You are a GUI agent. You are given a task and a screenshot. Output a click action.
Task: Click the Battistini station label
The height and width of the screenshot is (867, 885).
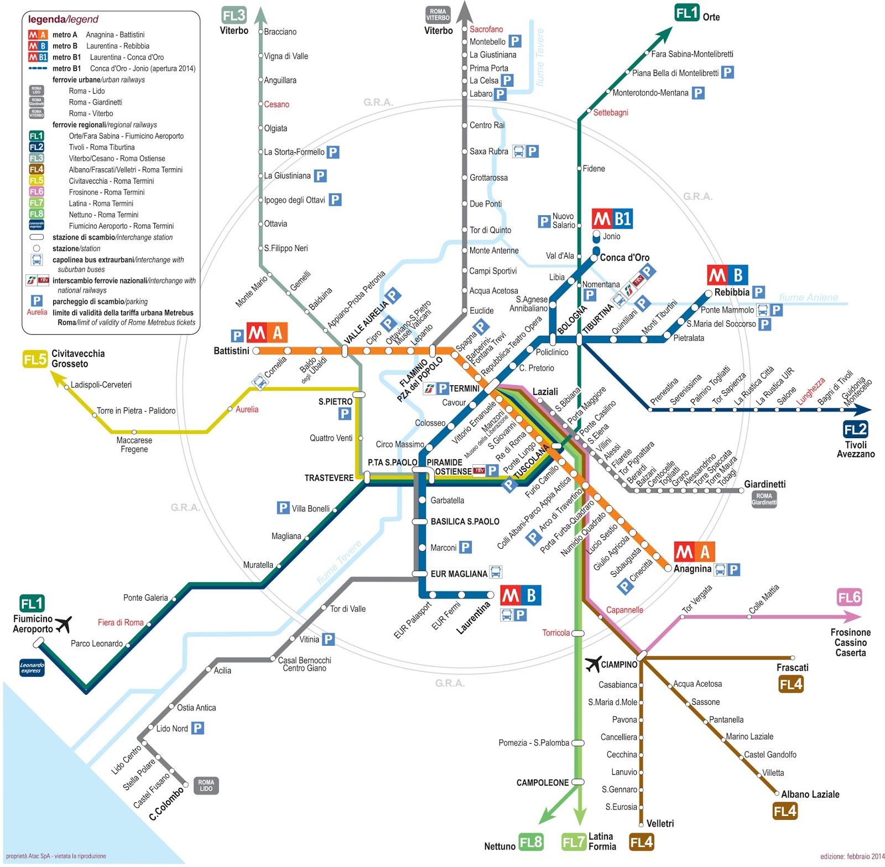(231, 351)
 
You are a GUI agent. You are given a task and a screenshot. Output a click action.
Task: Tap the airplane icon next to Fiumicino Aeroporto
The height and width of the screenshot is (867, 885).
(64, 624)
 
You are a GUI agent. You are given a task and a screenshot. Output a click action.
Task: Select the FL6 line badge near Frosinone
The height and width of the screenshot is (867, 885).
(849, 598)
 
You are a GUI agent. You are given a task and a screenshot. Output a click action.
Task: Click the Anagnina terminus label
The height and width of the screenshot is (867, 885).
(692, 569)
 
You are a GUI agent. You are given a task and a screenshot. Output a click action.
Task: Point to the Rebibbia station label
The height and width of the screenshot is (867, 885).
(731, 292)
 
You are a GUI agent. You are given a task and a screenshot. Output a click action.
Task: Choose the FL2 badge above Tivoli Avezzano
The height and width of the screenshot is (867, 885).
(855, 429)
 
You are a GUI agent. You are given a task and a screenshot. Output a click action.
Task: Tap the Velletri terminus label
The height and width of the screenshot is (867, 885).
(660, 823)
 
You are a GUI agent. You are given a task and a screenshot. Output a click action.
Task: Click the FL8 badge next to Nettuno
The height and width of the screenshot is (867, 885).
(531, 842)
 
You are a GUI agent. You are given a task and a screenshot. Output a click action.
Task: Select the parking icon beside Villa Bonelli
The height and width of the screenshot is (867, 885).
(283, 508)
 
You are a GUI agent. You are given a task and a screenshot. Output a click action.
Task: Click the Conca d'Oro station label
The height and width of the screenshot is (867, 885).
(624, 257)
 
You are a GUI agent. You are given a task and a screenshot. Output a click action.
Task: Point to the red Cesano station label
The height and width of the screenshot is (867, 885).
(277, 104)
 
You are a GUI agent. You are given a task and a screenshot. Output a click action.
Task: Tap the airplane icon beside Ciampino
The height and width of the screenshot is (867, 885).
(593, 663)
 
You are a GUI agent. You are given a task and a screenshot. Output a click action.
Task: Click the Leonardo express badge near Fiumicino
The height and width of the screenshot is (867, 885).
(32, 668)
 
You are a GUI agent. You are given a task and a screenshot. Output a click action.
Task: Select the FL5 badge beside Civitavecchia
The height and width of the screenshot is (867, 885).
(35, 360)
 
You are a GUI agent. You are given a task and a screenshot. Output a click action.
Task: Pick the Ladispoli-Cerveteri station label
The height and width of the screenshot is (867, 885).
(101, 385)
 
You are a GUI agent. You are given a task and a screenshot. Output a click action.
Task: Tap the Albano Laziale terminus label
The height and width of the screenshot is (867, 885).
(810, 794)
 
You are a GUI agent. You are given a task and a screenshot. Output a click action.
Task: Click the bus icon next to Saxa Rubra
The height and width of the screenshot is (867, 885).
(518, 151)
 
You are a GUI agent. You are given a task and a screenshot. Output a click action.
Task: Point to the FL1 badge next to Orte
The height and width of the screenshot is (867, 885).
(687, 13)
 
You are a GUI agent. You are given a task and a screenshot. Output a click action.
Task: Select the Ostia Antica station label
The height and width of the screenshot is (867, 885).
(196, 708)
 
